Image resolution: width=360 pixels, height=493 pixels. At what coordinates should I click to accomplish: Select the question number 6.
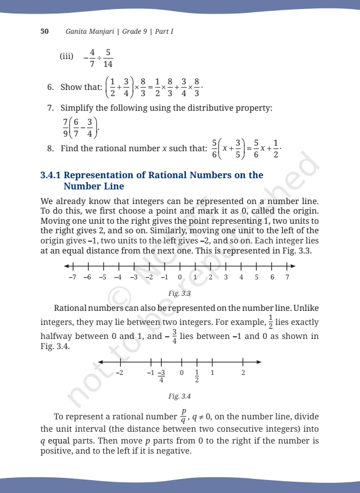(50, 87)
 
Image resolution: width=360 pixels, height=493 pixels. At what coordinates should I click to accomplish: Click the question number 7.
(50, 107)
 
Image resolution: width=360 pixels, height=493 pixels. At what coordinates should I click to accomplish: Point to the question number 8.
(50, 149)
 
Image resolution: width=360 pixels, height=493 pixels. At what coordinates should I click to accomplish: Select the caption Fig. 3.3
(180, 293)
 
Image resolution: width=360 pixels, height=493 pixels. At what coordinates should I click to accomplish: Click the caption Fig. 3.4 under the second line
(180, 396)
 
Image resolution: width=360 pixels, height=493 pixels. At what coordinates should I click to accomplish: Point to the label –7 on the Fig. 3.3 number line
(71, 277)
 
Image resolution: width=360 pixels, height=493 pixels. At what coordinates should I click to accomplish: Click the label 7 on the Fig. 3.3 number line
(287, 277)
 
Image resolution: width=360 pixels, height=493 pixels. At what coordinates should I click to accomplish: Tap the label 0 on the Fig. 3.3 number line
(180, 277)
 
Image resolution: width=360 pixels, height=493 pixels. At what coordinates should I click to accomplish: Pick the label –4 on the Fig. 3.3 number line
(118, 277)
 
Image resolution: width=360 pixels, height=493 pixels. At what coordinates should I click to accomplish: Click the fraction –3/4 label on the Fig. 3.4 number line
(161, 376)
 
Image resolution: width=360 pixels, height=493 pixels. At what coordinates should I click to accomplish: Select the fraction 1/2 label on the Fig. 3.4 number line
(197, 376)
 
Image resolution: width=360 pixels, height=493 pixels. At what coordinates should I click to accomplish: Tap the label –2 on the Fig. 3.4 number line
(119, 372)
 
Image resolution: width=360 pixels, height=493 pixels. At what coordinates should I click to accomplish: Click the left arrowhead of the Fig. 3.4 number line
(100, 361)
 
